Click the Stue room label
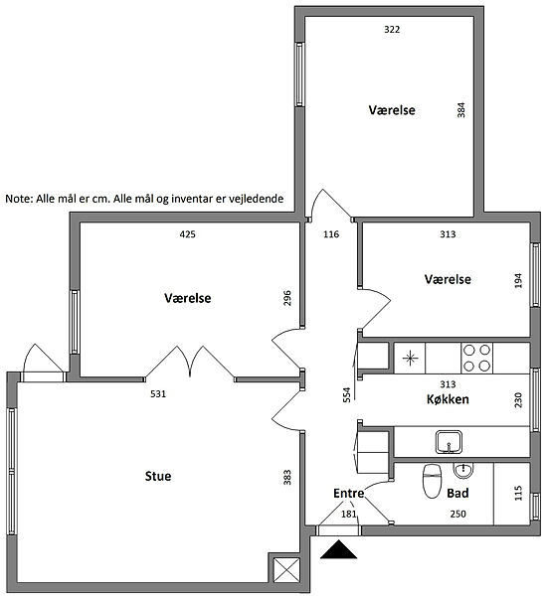158,476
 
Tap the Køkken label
448,399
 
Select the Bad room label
457,493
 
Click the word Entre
349,493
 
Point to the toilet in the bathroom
432,481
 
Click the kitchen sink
449,442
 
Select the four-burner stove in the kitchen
476,358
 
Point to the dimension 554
346,394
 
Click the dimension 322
392,29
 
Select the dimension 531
158,393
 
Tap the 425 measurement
187,234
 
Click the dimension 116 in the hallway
331,234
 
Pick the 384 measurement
461,110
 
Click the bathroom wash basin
463,471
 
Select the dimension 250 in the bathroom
457,514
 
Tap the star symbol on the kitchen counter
411,358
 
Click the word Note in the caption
19,199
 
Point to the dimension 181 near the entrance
349,514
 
